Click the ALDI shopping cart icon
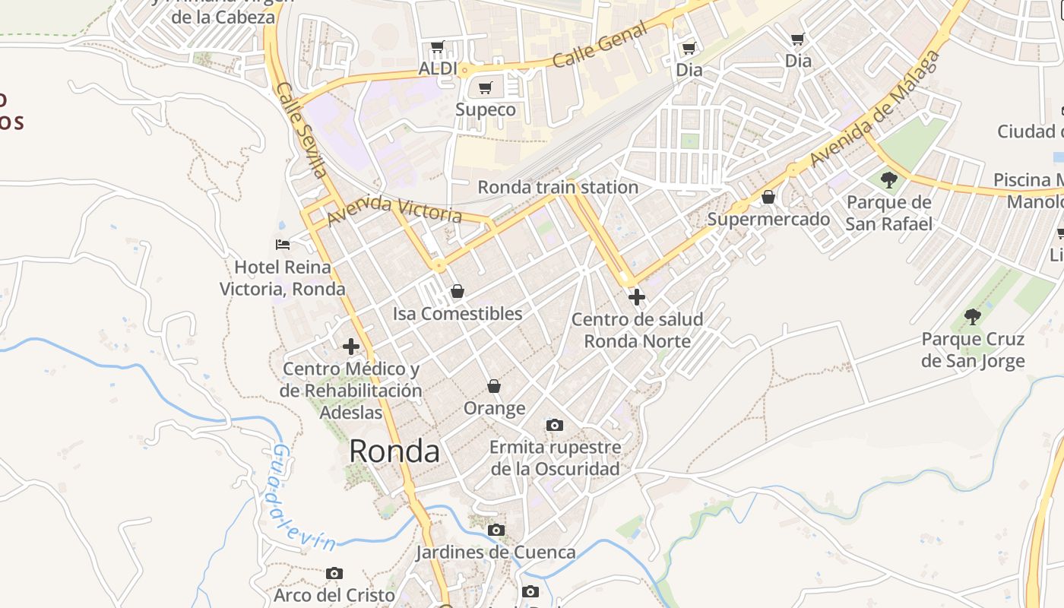point(438,48)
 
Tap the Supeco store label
point(485,109)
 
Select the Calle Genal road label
point(600,45)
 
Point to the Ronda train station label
point(558,187)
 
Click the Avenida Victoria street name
point(394,210)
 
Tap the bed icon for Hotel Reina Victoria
point(283,245)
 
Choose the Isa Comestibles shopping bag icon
point(458,291)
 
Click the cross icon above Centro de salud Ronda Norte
point(637,297)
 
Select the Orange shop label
point(495,409)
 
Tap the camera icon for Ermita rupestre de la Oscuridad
point(555,426)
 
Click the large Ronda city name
point(394,451)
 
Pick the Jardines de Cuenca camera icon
point(496,530)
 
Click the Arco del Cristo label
point(334,594)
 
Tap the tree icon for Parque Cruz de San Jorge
point(973,317)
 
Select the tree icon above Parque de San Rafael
point(889,180)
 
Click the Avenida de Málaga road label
point(874,110)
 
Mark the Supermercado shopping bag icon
point(768,198)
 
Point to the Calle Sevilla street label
point(302,130)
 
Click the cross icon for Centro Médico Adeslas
point(351,347)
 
